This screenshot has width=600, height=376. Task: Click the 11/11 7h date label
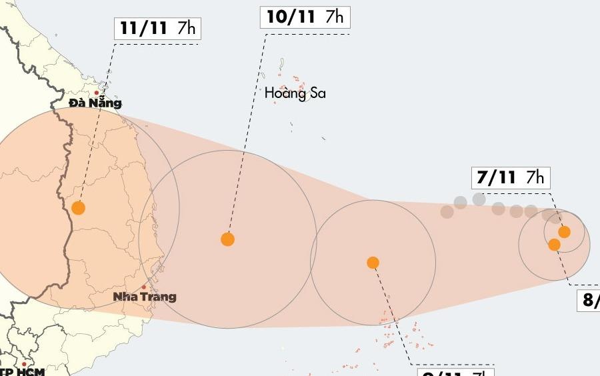(x=157, y=29)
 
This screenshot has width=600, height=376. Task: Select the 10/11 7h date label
(x=305, y=17)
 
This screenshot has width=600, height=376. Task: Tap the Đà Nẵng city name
(x=95, y=103)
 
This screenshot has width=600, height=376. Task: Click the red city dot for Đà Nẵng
(x=97, y=93)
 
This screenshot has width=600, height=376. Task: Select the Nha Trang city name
(x=145, y=297)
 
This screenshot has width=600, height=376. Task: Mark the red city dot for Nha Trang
(x=144, y=287)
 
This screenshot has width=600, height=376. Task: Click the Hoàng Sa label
(x=295, y=93)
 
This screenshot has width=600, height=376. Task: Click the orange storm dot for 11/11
(x=79, y=207)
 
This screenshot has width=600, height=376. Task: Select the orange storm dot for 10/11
(x=228, y=239)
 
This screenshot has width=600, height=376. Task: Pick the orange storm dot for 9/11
(x=373, y=263)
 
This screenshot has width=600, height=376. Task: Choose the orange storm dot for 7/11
(x=565, y=232)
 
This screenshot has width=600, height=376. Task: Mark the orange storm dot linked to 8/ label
(x=554, y=245)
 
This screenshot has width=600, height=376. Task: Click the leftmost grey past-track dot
(x=447, y=212)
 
